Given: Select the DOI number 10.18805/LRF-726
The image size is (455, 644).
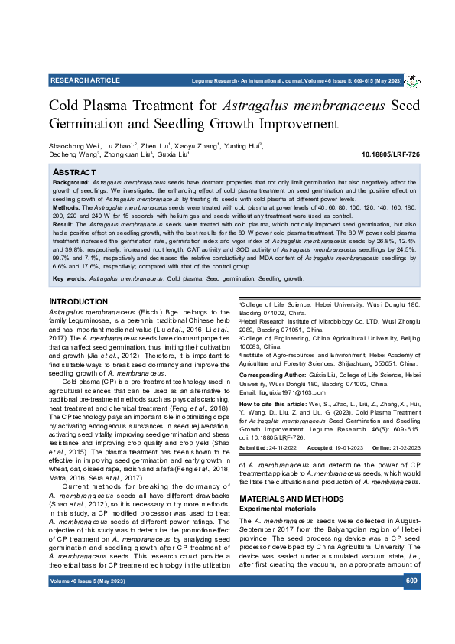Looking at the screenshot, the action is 390,154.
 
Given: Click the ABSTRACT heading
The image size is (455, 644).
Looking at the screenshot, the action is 73,173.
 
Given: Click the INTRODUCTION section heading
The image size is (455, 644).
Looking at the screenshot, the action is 78,302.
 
